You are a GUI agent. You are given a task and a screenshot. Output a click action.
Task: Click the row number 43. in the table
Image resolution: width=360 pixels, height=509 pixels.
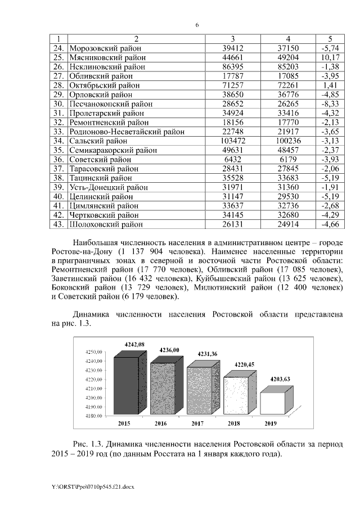pyautogui.click(x=60, y=224)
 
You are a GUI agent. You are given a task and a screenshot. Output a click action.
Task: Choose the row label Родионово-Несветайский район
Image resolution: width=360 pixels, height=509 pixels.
pyautogui.click(x=123, y=131)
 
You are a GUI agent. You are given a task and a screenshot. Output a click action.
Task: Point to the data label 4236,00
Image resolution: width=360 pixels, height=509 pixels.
pyautogui.click(x=169, y=350)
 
